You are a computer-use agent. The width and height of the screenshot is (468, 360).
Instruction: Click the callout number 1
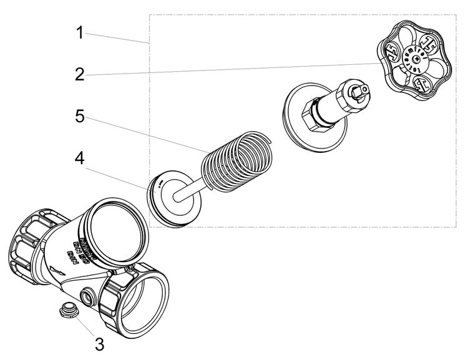click(x=79, y=32)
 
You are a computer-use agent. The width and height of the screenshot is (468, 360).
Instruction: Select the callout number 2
click(x=79, y=75)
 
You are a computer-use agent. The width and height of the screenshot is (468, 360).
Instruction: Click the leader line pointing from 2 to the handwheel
click(x=237, y=69)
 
